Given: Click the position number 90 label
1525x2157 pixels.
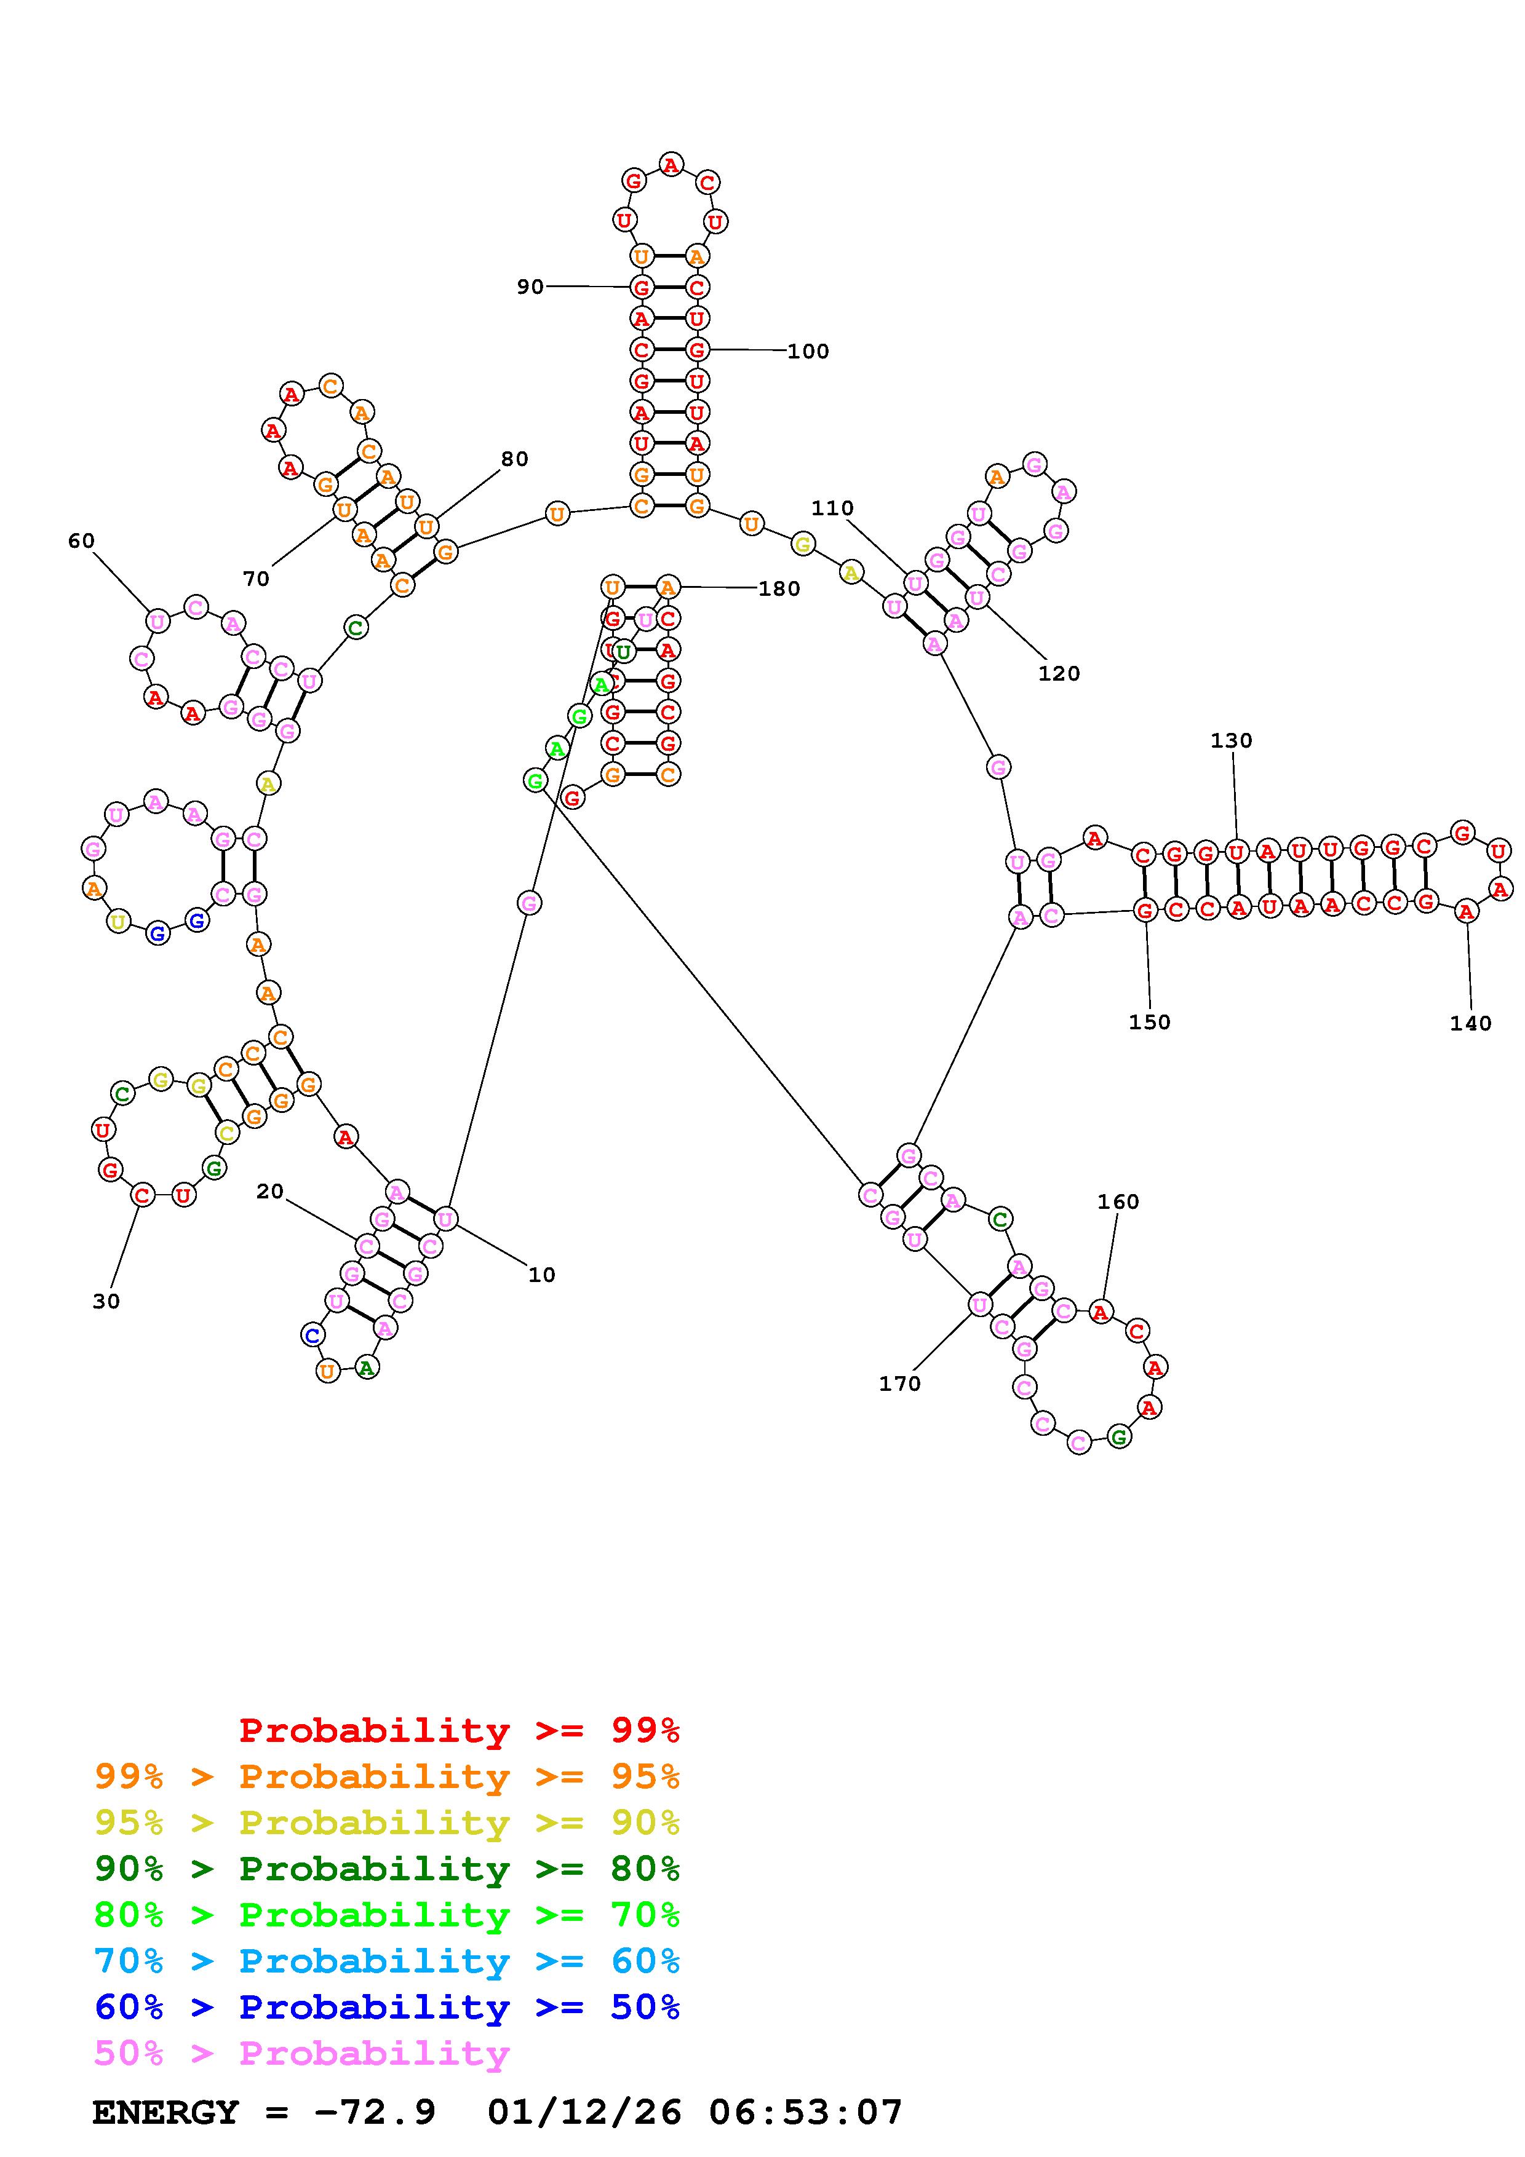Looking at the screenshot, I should pyautogui.click(x=530, y=287).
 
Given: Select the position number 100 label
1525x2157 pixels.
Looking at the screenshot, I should pyautogui.click(x=808, y=351).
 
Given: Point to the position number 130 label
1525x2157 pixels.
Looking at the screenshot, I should pyautogui.click(x=1231, y=740).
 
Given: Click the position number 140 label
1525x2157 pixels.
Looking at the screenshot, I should pyautogui.click(x=1470, y=1023).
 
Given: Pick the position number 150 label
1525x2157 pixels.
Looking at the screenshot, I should pyautogui.click(x=1149, y=1022).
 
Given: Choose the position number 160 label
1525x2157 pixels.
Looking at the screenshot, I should pyautogui.click(x=1118, y=1201).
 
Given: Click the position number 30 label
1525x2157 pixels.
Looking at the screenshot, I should pyautogui.click(x=106, y=1301).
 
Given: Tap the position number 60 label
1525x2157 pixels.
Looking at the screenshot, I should pyautogui.click(x=82, y=540).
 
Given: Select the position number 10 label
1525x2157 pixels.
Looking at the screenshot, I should pyautogui.click(x=541, y=1275).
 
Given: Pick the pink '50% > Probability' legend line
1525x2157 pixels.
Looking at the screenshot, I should pyautogui.click(x=301, y=2054).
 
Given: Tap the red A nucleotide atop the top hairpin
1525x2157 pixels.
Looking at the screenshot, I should pyautogui.click(x=670, y=165).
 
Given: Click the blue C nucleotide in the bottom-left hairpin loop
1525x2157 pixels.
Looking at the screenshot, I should pyautogui.click(x=313, y=1334).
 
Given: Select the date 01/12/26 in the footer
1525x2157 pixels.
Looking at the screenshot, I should pyautogui.click(x=584, y=2113).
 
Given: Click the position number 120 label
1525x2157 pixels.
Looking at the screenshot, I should pyautogui.click(x=1059, y=673).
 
